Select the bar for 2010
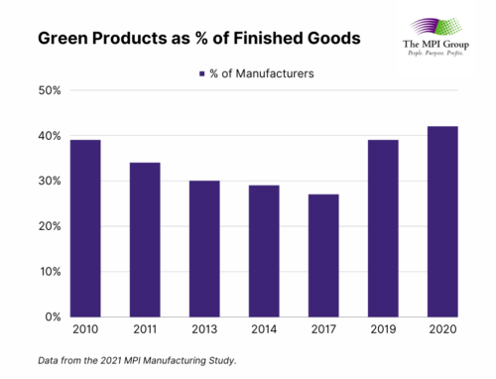86,228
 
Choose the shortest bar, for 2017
322,255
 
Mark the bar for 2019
382,228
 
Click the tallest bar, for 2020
441,221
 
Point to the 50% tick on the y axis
50,90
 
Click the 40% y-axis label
50,136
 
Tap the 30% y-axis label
50,181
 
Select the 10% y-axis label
50,271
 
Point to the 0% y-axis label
53,316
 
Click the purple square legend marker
201,72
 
